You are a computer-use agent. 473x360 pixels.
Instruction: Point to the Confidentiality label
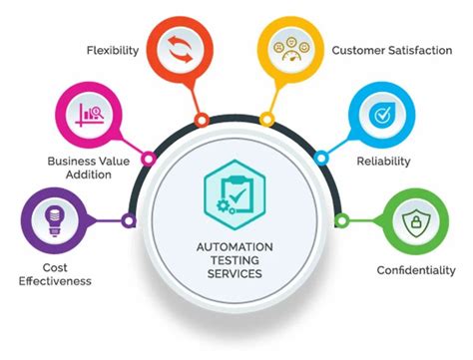[416, 269]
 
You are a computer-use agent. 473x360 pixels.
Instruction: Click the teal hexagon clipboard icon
[236, 188]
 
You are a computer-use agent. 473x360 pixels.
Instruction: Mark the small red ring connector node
[202, 120]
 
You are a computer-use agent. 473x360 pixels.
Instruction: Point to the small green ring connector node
[342, 219]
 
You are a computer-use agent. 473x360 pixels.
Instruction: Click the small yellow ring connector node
[269, 120]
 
